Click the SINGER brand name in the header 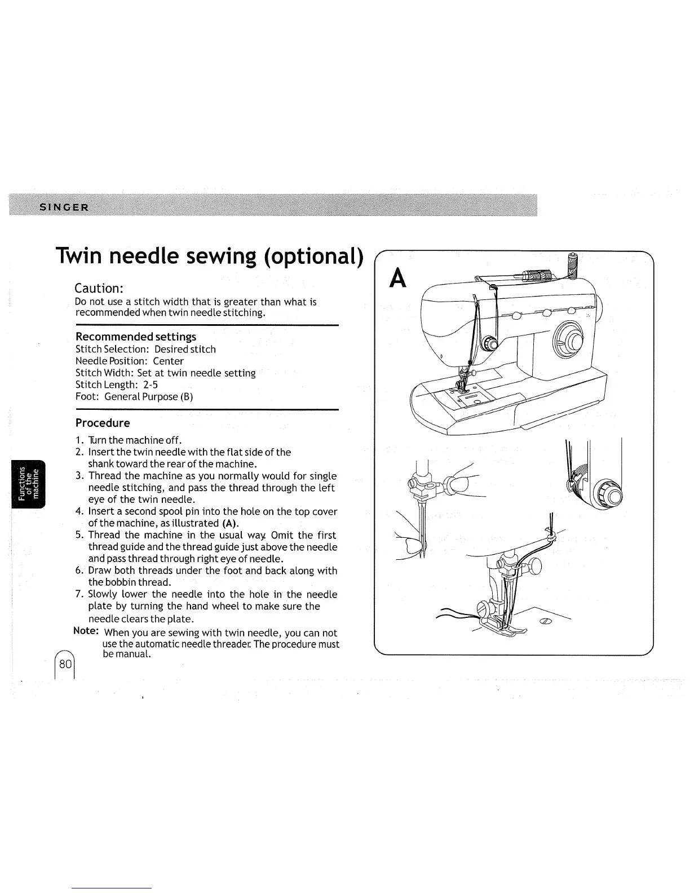click(64, 206)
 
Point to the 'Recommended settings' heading click(136, 337)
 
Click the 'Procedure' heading click(103, 423)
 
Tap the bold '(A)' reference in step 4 click(231, 523)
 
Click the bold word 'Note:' click(87, 630)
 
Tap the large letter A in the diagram click(399, 278)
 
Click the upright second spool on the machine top click(573, 265)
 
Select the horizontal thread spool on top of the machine click(532, 277)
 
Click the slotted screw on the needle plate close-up click(546, 622)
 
